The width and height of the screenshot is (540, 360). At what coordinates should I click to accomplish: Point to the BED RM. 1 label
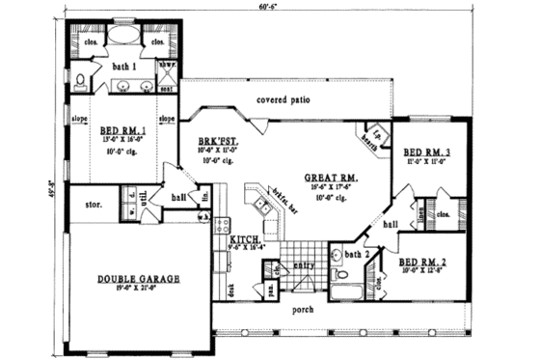[x=122, y=130]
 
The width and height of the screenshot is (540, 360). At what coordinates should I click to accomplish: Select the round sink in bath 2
[x=334, y=257]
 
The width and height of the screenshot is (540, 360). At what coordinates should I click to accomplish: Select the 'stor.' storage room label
[x=94, y=205]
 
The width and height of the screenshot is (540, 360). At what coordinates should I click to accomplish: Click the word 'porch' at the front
[x=303, y=311]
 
